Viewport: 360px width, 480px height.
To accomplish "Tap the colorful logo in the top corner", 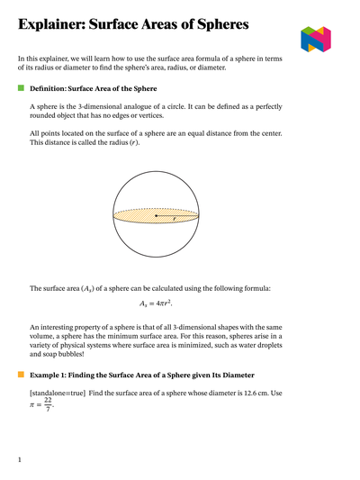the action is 316,39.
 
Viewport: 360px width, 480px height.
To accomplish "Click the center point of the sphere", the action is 156,216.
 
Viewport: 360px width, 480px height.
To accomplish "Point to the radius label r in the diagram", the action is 173,220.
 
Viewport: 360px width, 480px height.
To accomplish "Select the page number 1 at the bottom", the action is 20,460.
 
